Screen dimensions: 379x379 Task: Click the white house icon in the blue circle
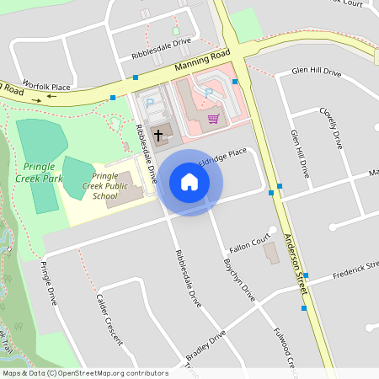189,182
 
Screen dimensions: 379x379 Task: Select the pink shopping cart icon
213,118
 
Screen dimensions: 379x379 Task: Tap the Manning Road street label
202,60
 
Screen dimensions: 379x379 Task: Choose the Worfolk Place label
47,85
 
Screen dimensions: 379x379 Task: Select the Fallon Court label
253,243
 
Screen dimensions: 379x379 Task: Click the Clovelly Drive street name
331,127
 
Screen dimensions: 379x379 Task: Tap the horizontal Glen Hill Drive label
316,72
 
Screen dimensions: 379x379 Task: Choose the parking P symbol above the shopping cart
209,92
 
